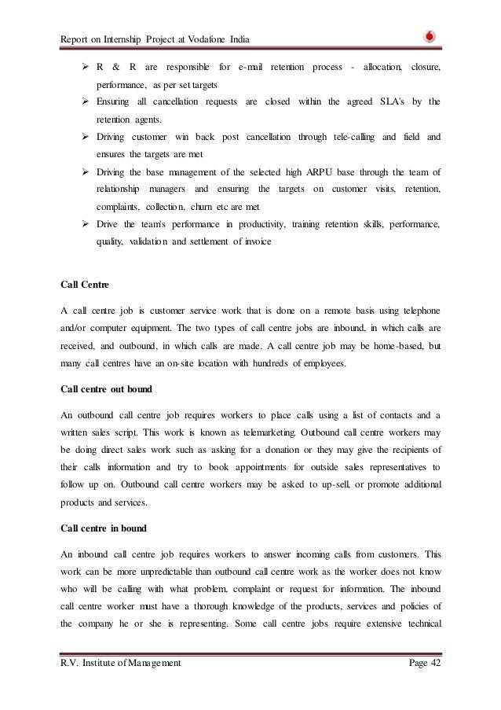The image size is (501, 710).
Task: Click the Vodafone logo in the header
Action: pyautogui.click(x=430, y=35)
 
